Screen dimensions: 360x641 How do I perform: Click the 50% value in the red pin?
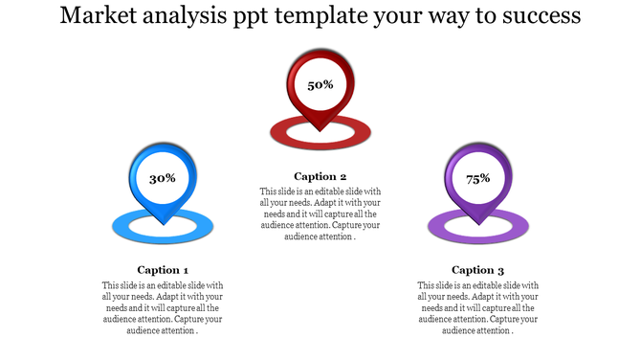tap(320, 85)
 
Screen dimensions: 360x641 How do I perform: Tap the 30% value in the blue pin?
tap(163, 178)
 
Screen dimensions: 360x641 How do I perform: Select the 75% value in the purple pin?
tap(478, 178)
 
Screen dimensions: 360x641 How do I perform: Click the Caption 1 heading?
tap(163, 270)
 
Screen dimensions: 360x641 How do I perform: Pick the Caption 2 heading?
tap(320, 176)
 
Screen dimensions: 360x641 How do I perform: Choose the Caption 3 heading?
tap(478, 270)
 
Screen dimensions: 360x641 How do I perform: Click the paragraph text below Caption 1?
tap(163, 308)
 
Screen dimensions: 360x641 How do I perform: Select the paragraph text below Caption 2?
tap(320, 214)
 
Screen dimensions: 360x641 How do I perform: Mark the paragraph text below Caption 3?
tap(478, 308)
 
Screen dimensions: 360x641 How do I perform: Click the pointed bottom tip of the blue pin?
tap(163, 223)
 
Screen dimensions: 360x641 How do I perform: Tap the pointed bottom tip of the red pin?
tap(320, 130)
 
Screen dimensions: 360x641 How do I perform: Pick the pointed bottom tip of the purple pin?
tap(478, 223)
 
